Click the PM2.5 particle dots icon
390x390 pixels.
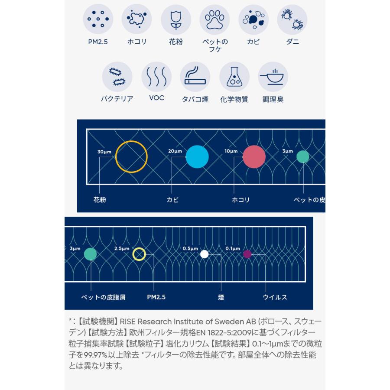pyautogui.click(x=98, y=19)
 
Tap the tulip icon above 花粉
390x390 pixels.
pyautogui.click(x=175, y=19)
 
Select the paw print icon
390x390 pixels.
pyautogui.click(x=214, y=19)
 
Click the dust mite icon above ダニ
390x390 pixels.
pyautogui.click(x=292, y=19)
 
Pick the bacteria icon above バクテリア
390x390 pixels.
pyautogui.click(x=117, y=77)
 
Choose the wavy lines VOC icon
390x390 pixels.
pyautogui.click(x=156, y=77)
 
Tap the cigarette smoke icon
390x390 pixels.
pyautogui.click(x=195, y=77)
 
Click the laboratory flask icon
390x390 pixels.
pyautogui.click(x=234, y=77)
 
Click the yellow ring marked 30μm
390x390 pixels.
pyautogui.click(x=131, y=157)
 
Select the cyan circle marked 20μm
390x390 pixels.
pyautogui.click(x=197, y=157)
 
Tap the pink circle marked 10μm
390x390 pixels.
pyautogui.click(x=254, y=157)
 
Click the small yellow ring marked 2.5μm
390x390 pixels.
pyautogui.click(x=139, y=254)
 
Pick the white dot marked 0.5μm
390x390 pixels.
pyautogui.click(x=204, y=254)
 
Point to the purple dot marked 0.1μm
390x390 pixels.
pyautogui.click(x=247, y=254)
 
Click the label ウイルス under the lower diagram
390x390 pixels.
pyautogui.click(x=275, y=297)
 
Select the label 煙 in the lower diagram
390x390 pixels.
pyautogui.click(x=221, y=297)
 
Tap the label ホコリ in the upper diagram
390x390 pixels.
pyautogui.click(x=241, y=200)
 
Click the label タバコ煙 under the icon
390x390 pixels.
pyautogui.click(x=195, y=99)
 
